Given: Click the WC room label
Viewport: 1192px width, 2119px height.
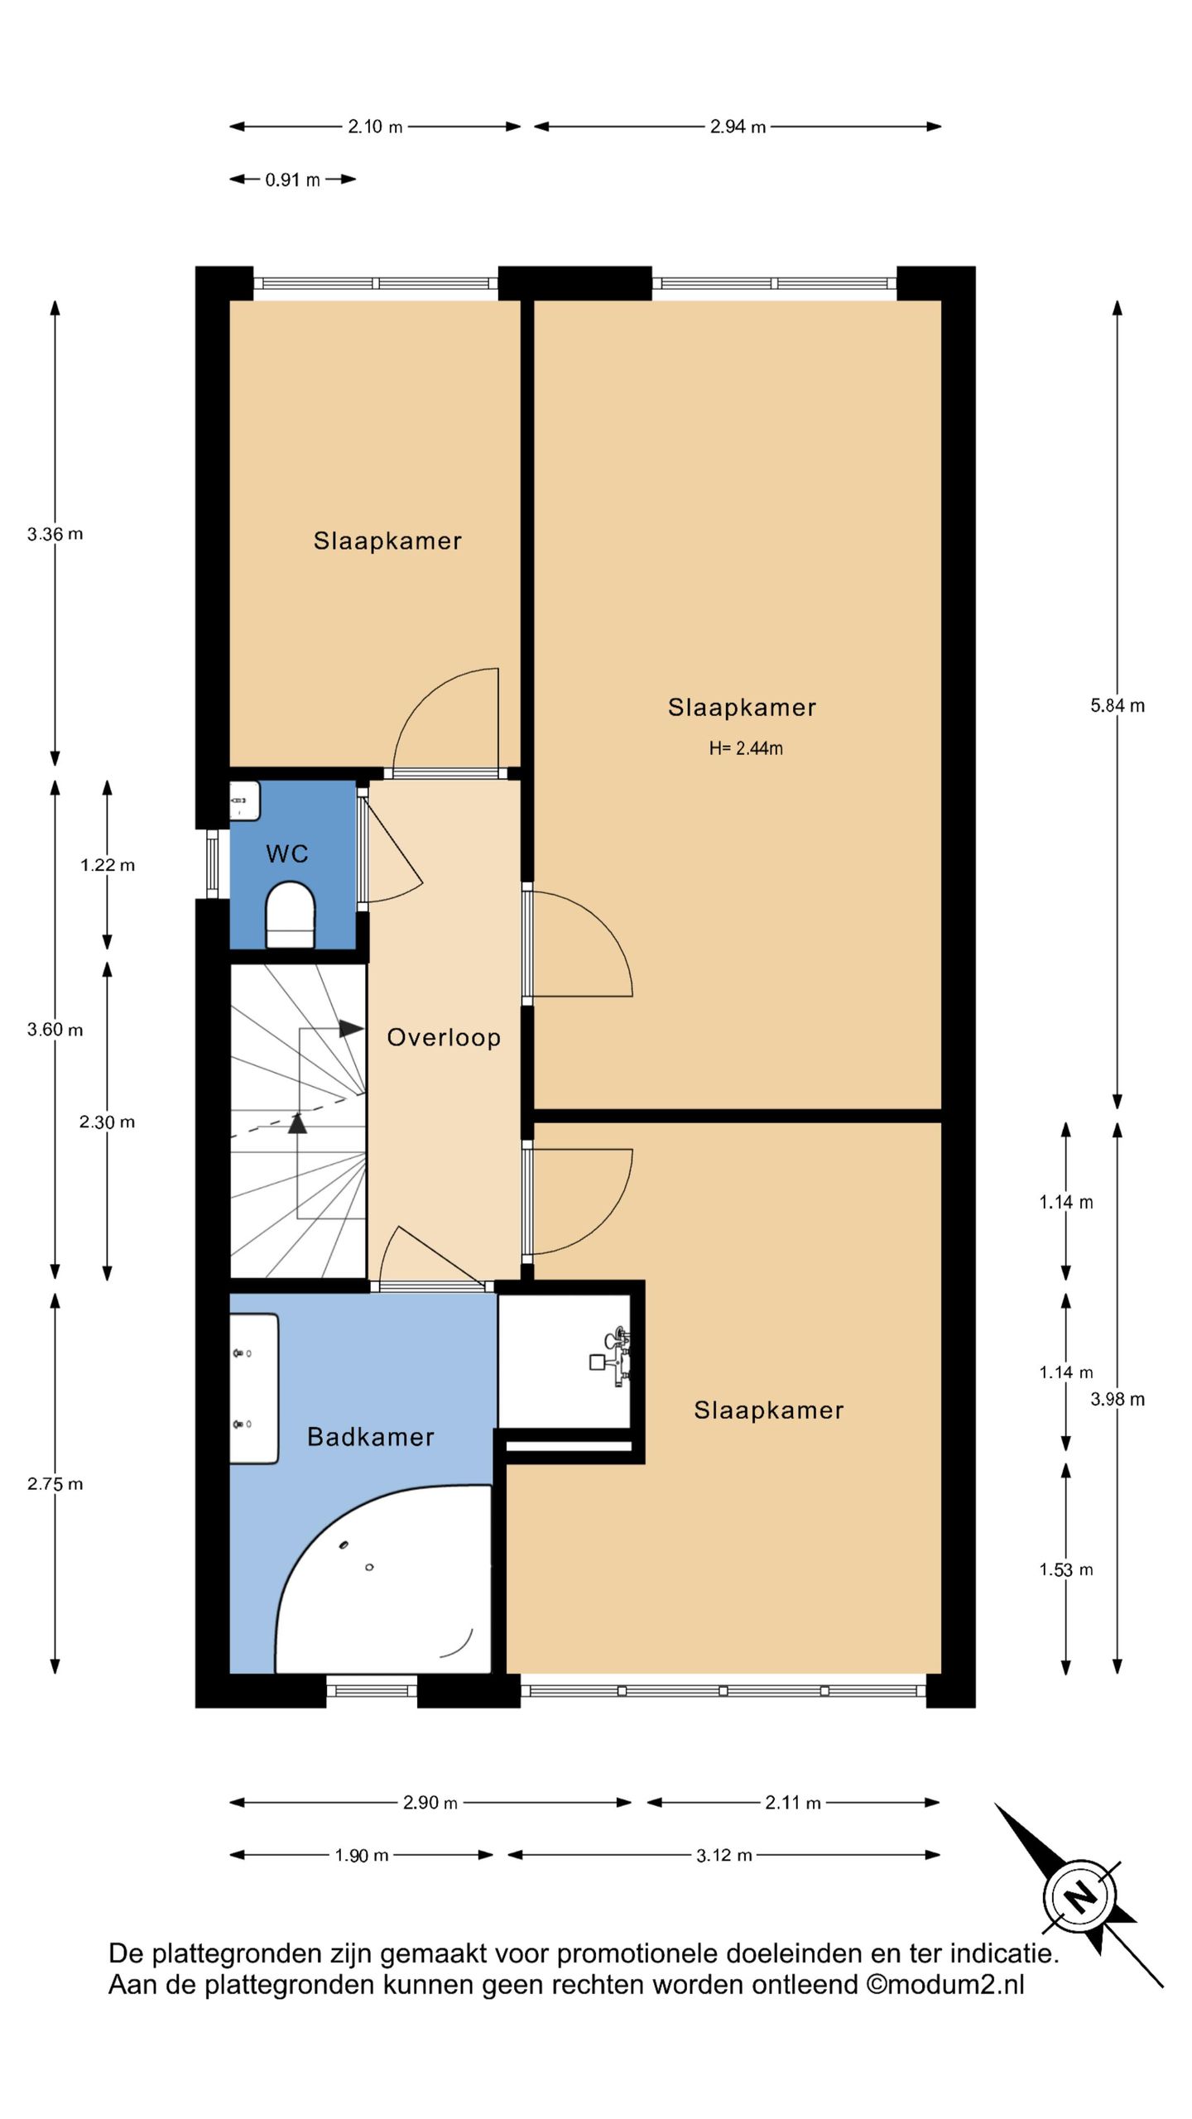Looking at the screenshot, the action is (x=287, y=853).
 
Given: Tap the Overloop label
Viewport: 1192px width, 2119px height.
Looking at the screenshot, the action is (x=444, y=1038).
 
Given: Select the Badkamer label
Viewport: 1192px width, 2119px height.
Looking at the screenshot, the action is (x=371, y=1437).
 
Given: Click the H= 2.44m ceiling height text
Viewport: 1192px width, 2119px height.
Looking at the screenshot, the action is (x=746, y=748).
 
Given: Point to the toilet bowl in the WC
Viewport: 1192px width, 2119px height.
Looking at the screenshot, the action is (x=291, y=915).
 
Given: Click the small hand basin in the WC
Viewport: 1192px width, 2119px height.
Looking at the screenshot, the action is (x=245, y=801).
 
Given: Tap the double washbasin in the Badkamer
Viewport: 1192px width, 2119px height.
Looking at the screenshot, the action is (x=254, y=1389).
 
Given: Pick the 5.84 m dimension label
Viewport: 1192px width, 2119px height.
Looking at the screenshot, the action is (x=1117, y=706).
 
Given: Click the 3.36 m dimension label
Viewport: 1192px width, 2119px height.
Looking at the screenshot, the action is (x=55, y=535).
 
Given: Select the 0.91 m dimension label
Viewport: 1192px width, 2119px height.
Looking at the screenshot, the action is (x=292, y=180).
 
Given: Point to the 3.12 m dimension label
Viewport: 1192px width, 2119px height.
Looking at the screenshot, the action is (x=724, y=1856).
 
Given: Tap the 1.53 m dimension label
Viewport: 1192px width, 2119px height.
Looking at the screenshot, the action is (x=1066, y=1570).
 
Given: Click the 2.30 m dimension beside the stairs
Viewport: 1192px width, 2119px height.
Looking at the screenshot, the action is (x=107, y=1122).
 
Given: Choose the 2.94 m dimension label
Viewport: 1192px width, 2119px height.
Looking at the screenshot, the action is (x=738, y=127).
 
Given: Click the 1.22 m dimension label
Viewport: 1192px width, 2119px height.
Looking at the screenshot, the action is (x=108, y=866).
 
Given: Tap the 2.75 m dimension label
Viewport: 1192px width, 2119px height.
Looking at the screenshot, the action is (x=55, y=1484).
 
